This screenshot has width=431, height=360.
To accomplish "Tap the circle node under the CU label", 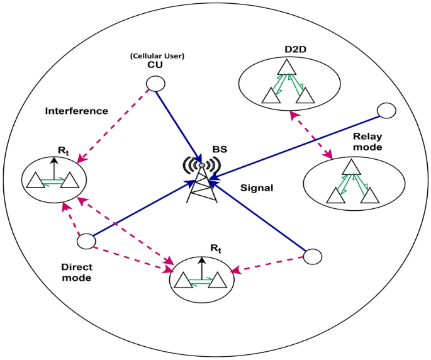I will coord(155,84).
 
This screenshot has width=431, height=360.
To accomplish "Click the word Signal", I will coord(257,188).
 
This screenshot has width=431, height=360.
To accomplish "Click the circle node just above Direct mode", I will coord(86,241).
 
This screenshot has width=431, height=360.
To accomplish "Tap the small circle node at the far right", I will coord(385,111).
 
